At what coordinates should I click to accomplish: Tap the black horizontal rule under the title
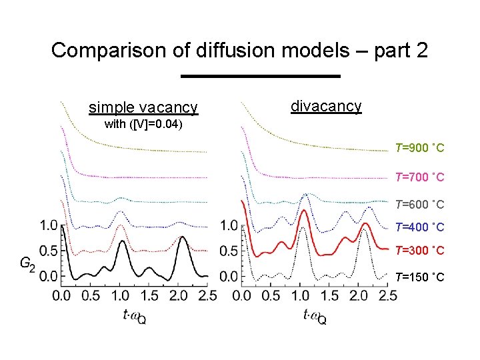[261, 76]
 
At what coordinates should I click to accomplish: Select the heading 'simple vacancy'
[143, 107]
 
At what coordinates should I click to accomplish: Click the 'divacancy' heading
[326, 105]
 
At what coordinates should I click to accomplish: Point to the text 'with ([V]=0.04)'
[144, 125]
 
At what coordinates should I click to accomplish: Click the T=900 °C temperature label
[419, 147]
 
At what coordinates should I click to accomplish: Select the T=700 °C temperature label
[419, 177]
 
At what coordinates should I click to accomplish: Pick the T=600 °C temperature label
[419, 204]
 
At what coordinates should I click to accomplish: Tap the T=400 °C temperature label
[419, 227]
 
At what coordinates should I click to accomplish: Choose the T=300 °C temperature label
[419, 251]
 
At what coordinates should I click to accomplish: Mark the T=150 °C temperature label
[419, 277]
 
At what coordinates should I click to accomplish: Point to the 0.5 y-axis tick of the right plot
[229, 251]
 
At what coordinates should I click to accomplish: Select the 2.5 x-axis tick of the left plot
[208, 294]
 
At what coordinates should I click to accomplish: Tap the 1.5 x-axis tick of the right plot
[330, 294]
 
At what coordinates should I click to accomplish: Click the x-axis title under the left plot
[134, 316]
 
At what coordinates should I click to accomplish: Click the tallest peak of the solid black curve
[183, 237]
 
